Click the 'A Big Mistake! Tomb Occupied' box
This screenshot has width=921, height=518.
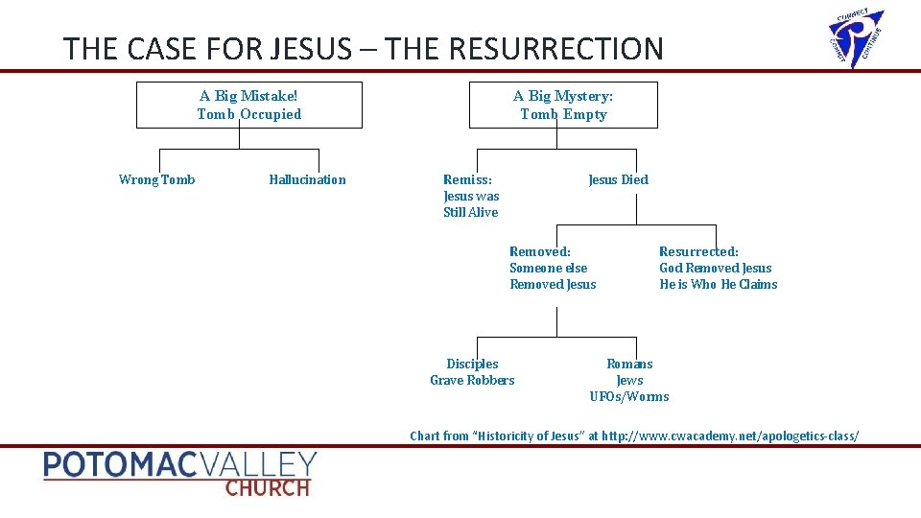pos(249,106)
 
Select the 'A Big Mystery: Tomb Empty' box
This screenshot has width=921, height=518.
pos(563,106)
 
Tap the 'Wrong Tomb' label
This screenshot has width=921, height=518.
pos(156,179)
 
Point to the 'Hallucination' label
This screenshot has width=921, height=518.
pos(307,179)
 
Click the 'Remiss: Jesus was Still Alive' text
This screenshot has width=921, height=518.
pos(471,196)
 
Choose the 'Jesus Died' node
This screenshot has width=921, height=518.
pos(618,179)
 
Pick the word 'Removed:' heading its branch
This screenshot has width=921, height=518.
pos(539,251)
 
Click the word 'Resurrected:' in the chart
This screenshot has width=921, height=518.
pos(698,251)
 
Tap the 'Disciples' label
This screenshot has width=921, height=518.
pos(472,364)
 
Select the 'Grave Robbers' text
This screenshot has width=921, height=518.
pos(472,380)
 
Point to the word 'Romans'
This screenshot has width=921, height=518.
pos(629,364)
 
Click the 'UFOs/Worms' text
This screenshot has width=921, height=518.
pos(629,396)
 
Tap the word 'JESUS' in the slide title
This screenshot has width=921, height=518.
pos(312,48)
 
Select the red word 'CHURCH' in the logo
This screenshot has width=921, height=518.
pos(268,486)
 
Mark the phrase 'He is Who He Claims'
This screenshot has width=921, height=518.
pos(719,284)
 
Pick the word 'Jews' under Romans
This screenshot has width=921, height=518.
pos(629,380)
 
